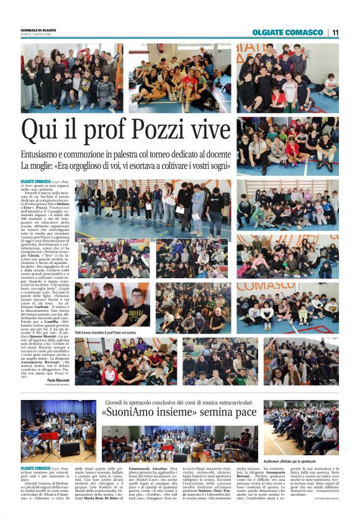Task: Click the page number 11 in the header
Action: [335, 32]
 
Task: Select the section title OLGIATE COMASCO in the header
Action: [288, 32]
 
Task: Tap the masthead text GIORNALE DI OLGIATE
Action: [38, 30]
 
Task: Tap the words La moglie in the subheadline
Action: [37, 166]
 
